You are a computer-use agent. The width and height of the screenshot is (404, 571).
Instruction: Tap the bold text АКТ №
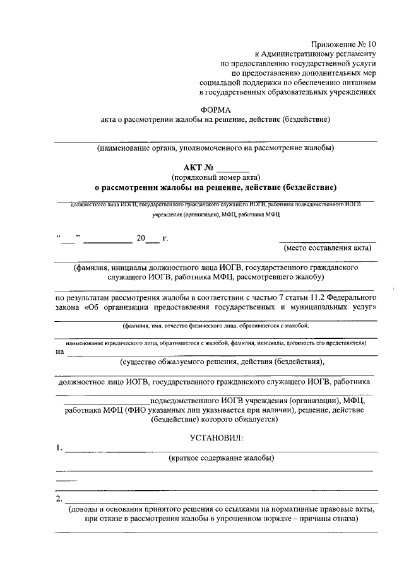click(x=198, y=168)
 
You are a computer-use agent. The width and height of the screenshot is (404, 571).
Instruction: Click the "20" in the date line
click(x=140, y=238)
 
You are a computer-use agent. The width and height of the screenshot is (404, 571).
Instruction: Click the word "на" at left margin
click(x=60, y=352)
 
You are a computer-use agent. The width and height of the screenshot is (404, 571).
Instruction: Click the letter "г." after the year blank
click(x=165, y=238)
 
